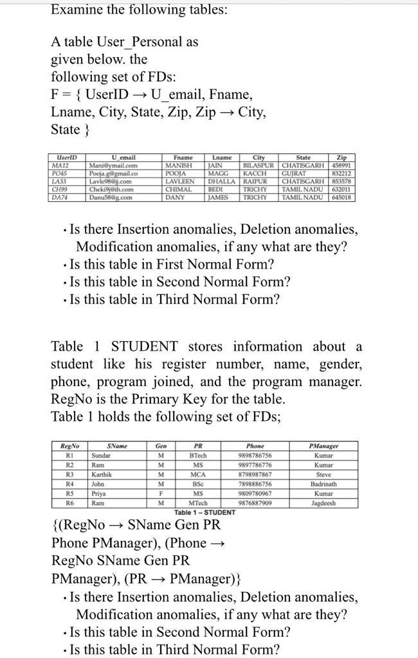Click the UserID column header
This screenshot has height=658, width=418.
click(x=66, y=157)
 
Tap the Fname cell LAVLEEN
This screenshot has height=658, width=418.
click(x=180, y=182)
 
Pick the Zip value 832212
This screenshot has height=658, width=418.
click(x=341, y=173)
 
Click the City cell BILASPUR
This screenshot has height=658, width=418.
click(x=257, y=165)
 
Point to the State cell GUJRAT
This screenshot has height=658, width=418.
click(x=296, y=173)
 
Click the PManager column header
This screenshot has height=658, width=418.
click(x=323, y=445)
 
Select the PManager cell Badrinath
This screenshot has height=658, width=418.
click(x=323, y=484)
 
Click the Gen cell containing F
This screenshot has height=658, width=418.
click(x=159, y=493)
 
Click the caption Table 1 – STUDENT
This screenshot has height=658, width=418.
click(x=203, y=512)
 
